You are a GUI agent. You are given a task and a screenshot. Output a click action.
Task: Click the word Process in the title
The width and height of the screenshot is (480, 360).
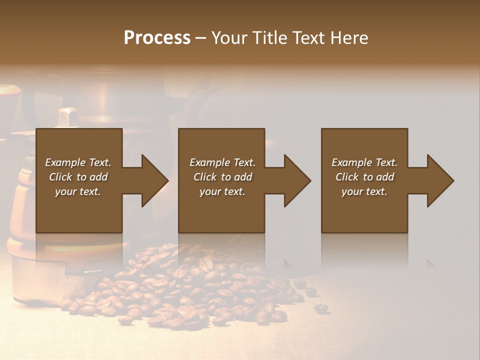157,38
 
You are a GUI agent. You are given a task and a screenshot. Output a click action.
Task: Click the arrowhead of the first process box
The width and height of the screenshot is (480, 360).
154,180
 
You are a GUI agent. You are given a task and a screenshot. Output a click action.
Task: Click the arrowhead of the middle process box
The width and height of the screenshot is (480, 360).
297,180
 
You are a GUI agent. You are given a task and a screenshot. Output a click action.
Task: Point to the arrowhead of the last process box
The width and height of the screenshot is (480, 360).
440,180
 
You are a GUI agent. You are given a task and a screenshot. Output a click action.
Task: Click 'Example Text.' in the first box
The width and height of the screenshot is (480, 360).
78,162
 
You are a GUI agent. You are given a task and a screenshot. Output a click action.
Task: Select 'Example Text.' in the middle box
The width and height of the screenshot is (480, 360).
222,162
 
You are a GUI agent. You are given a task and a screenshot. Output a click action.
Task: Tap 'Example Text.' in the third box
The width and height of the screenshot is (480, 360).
364,162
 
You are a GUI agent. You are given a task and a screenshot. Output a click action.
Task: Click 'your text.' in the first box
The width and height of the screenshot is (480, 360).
78,191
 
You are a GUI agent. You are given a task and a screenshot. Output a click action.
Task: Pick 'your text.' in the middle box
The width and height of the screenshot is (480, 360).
222,191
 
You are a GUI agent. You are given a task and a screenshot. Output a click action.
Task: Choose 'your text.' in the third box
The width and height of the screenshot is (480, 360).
364,191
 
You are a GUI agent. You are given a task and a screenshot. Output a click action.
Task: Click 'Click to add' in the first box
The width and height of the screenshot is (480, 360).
78,177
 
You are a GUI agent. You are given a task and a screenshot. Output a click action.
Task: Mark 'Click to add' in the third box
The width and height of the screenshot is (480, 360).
364,177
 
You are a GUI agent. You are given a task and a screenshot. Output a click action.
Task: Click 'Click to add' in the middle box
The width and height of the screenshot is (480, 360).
222,177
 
